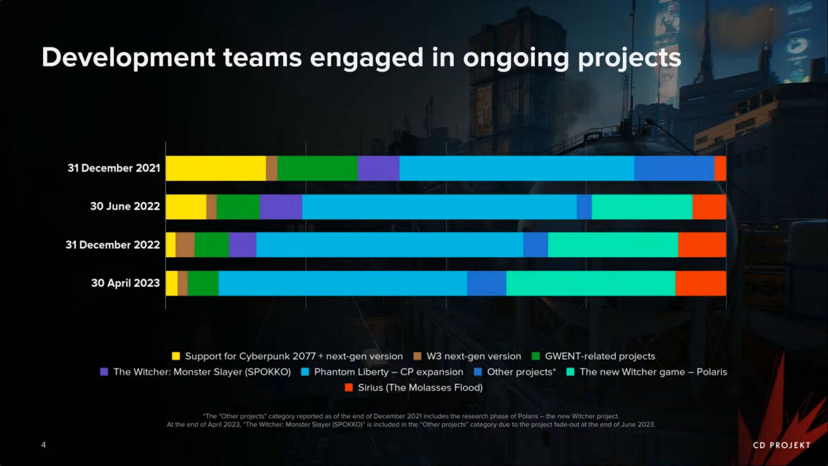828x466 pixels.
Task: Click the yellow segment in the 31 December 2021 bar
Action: pos(216,168)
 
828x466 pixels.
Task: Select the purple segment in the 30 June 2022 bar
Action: pos(281,207)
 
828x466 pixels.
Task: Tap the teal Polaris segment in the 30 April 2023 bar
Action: pos(591,283)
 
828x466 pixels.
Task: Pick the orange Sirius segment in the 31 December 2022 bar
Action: pos(702,245)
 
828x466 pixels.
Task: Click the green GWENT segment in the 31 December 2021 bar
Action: pos(317,168)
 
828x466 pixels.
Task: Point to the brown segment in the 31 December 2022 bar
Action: pos(185,245)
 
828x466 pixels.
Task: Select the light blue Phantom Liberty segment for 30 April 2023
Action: pos(343,283)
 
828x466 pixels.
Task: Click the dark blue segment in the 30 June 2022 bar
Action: pos(584,207)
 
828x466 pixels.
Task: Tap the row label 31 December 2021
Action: pos(114,168)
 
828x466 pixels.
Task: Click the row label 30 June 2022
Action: pos(125,207)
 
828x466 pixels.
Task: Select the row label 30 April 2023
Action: pos(125,283)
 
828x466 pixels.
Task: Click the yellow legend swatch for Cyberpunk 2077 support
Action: pos(176,356)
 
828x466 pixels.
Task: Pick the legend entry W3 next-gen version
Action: pos(474,356)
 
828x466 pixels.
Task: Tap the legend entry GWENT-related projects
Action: pos(600,356)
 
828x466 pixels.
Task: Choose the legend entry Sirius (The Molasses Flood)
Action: pos(420,387)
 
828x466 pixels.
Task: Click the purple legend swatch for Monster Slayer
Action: pos(104,372)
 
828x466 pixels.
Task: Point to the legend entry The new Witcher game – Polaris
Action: pos(653,372)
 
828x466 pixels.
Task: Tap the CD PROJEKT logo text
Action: pos(781,445)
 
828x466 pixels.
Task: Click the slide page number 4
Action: pos(44,445)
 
